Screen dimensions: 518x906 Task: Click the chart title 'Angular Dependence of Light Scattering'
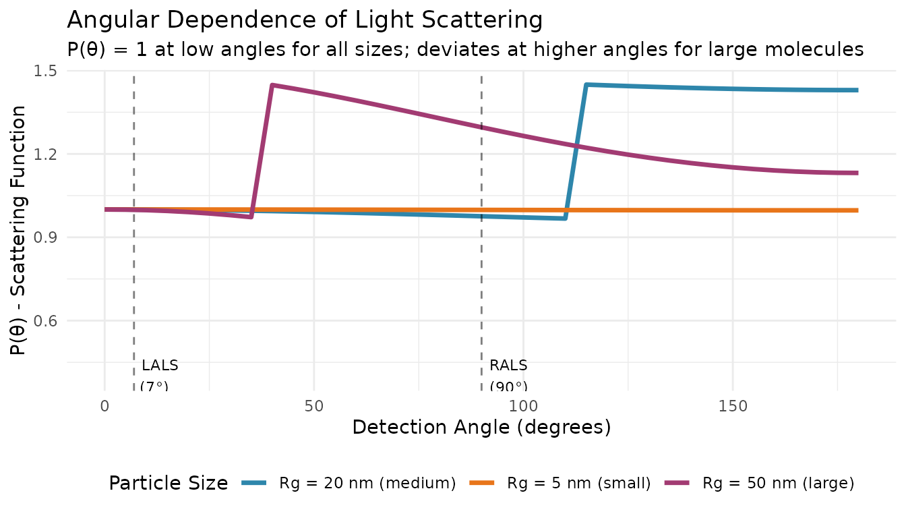305,20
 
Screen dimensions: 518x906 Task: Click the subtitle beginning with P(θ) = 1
465,49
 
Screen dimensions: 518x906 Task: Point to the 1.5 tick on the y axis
47,71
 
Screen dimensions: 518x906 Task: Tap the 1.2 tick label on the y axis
47,154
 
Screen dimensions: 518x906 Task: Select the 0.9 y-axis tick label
47,237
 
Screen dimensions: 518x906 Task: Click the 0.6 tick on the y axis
47,321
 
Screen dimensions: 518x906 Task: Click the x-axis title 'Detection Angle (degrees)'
481,428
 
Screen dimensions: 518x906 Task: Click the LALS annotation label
160,366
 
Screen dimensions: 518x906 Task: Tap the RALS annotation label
508,366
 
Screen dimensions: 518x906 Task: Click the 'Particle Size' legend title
168,483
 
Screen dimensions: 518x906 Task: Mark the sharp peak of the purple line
272,85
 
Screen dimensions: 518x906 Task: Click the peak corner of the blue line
586,84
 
